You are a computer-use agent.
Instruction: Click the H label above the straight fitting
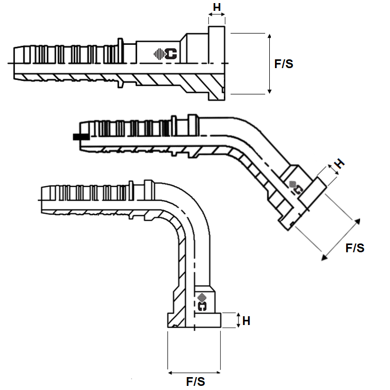[x=217, y=7]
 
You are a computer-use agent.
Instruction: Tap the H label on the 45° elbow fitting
[x=338, y=164]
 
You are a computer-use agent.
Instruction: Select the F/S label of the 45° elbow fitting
[x=354, y=248]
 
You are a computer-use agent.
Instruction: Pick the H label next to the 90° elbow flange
[x=246, y=320]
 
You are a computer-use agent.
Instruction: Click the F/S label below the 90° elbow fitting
[x=195, y=382]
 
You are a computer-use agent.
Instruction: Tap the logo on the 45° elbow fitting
[x=296, y=186]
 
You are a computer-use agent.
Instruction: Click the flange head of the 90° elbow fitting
[x=194, y=320]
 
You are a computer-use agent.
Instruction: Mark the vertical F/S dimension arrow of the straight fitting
[x=269, y=63]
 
